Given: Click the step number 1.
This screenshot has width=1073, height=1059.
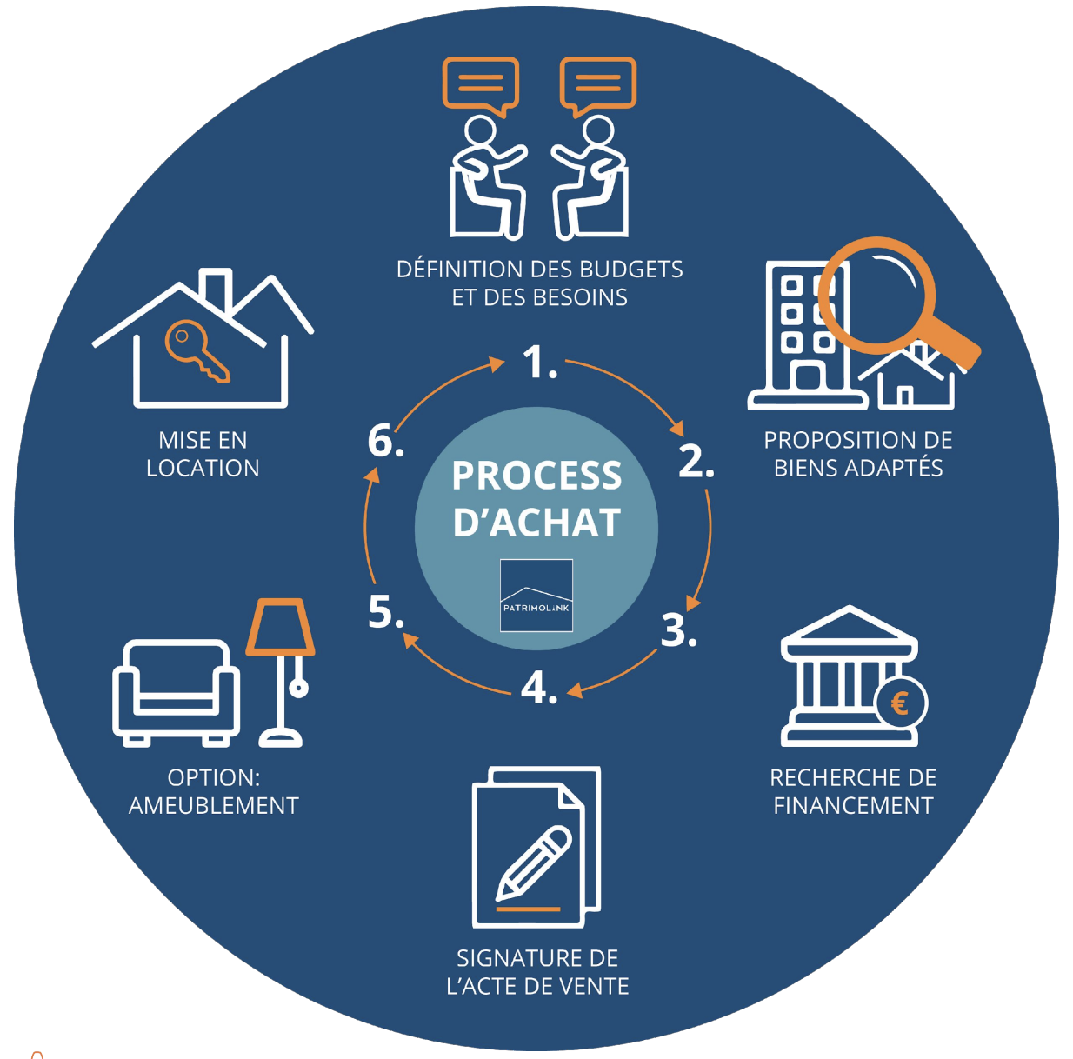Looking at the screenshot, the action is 539,363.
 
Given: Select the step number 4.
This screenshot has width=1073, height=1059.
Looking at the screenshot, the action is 539,689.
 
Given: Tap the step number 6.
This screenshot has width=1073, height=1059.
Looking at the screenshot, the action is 385,441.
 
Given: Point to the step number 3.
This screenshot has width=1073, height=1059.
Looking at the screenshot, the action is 678,629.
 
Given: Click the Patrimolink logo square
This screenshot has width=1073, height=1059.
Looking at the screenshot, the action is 536,596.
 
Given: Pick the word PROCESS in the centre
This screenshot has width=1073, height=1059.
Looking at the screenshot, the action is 536,476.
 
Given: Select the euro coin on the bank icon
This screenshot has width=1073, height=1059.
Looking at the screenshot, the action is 900,703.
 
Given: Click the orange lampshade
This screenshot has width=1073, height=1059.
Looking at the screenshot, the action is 281,627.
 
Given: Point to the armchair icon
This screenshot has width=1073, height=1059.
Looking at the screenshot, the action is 176,693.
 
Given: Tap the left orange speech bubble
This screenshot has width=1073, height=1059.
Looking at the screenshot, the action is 481,86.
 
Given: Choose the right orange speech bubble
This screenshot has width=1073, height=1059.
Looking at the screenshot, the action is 598,86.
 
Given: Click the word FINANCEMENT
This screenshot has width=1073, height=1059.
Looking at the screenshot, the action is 853,806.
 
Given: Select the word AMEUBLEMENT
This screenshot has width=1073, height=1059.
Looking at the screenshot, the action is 214,806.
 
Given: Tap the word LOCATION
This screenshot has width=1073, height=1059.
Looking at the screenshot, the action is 203,469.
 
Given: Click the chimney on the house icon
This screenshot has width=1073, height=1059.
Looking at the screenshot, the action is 216,290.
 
